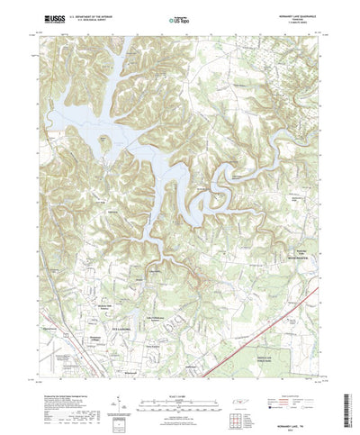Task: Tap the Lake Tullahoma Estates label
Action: [x=155, y=309]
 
